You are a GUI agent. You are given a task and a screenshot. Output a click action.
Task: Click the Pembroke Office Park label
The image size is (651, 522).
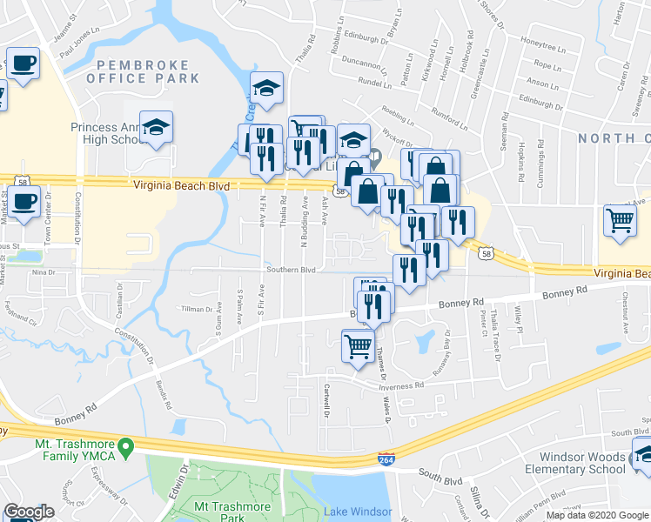coord(143,71)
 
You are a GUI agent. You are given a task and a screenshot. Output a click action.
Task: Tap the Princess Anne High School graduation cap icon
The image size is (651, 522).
coord(156,128)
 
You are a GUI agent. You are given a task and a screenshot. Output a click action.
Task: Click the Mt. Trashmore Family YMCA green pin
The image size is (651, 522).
coord(125,449)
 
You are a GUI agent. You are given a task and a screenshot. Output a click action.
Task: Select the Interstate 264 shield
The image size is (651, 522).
coord(386,458)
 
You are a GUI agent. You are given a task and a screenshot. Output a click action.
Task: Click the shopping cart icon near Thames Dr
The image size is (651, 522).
coord(359,346)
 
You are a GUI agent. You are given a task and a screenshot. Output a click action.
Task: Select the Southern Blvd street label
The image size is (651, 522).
coord(291,270)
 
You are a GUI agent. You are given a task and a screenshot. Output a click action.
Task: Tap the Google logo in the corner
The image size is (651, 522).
coord(29,512)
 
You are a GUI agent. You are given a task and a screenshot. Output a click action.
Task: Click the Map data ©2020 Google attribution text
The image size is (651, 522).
coord(596,515)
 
